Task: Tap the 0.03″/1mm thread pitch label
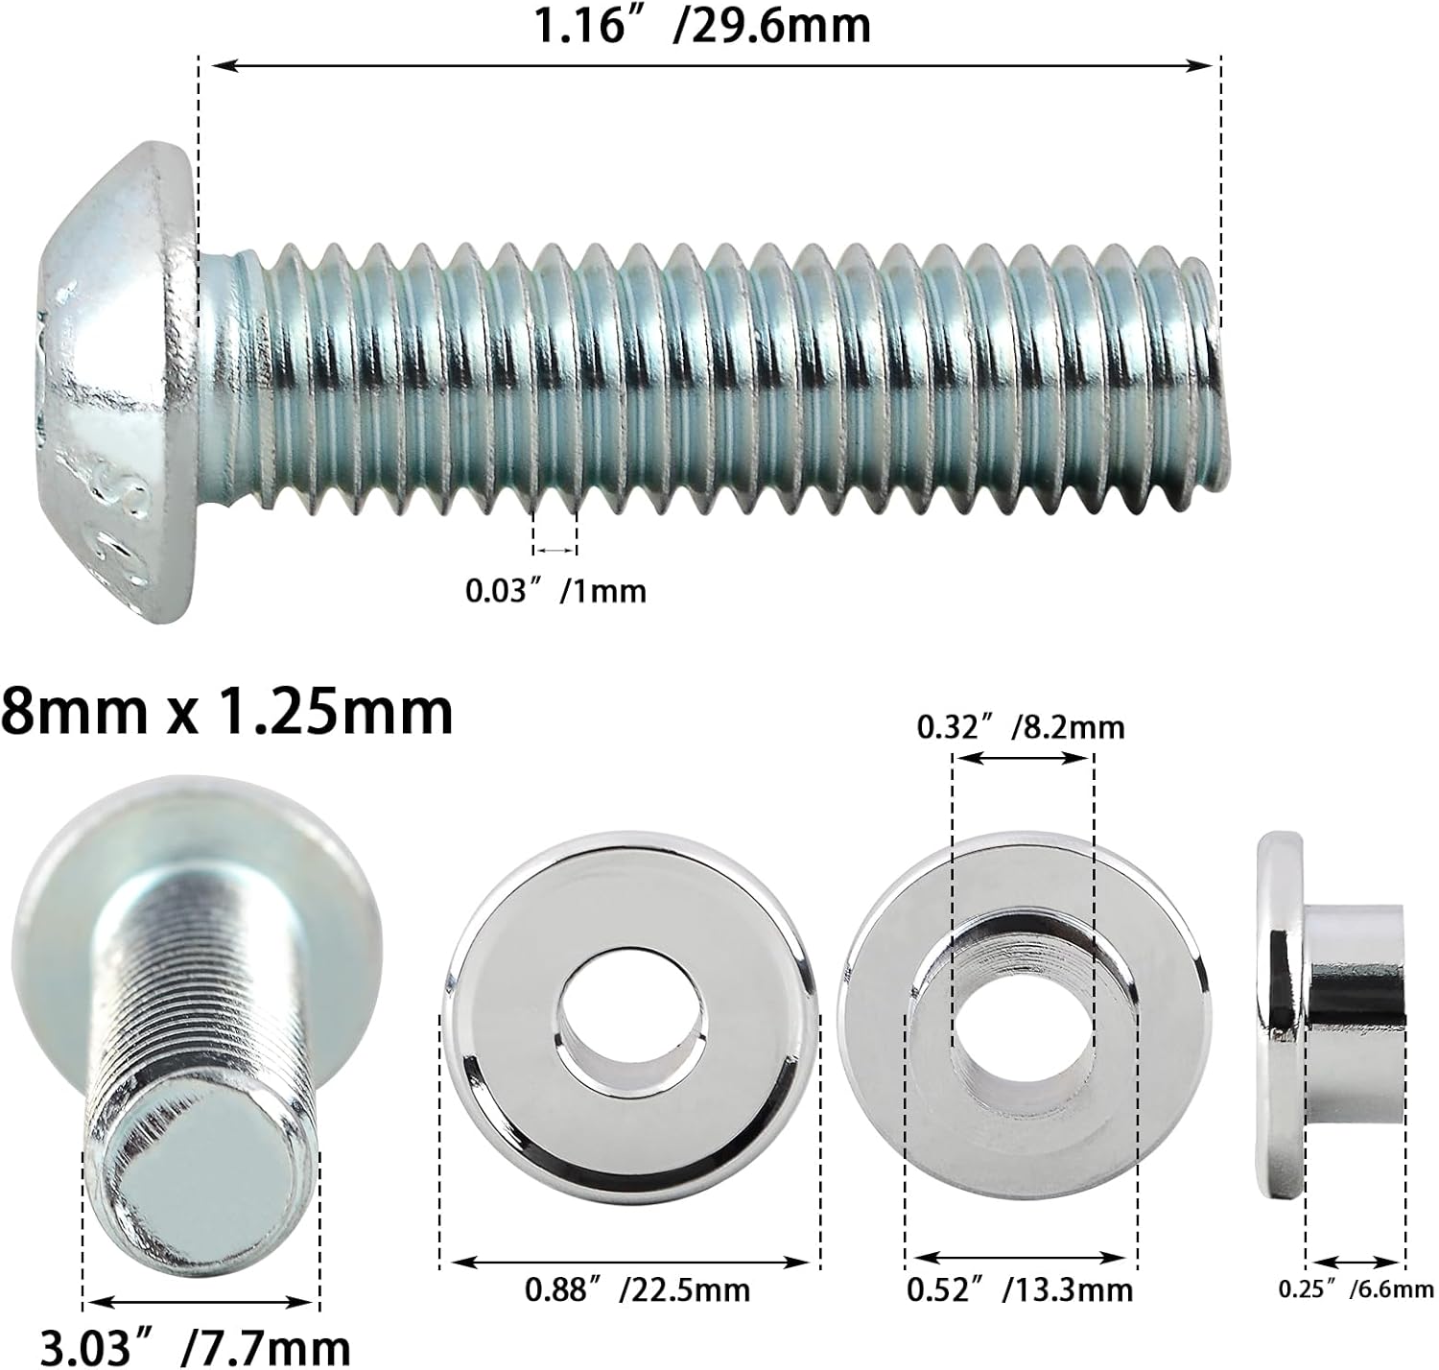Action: [555, 590]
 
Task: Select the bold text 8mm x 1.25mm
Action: [227, 712]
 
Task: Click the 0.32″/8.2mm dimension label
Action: [1021, 728]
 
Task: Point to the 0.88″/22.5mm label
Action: [637, 1289]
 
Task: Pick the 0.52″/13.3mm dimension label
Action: [1020, 1289]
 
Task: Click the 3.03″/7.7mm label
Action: [195, 1346]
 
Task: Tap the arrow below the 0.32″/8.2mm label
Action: [1023, 758]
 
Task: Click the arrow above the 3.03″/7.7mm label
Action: [201, 1303]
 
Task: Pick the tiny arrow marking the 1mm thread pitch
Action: [554, 550]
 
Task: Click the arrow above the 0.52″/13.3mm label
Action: [1021, 1257]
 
